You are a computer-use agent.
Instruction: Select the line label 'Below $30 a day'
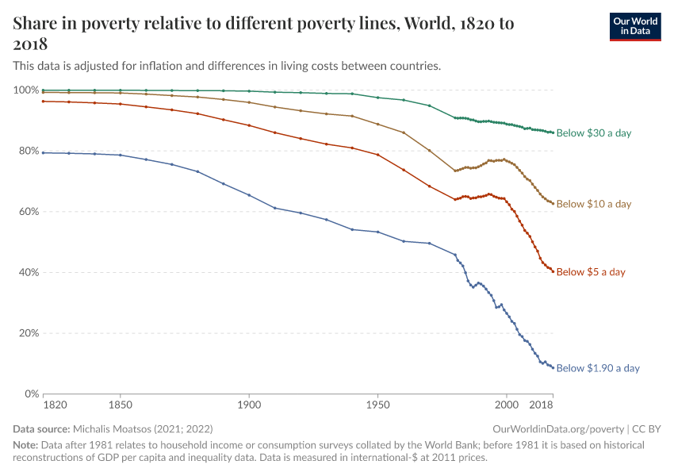[593, 133]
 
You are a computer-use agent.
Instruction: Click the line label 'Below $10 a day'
[593, 204]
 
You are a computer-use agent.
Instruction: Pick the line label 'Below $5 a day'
[590, 272]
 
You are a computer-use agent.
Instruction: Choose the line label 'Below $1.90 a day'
[597, 368]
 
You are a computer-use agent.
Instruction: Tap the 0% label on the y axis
[30, 393]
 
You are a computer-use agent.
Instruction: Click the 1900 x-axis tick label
[249, 405]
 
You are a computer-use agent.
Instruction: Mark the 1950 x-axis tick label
[377, 405]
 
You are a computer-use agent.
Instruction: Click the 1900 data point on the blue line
[249, 195]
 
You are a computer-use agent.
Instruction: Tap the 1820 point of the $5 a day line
[44, 101]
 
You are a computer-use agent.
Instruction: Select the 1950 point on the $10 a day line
[377, 124]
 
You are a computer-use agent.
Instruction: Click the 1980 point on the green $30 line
[455, 117]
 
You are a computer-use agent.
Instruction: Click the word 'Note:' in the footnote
[26, 445]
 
